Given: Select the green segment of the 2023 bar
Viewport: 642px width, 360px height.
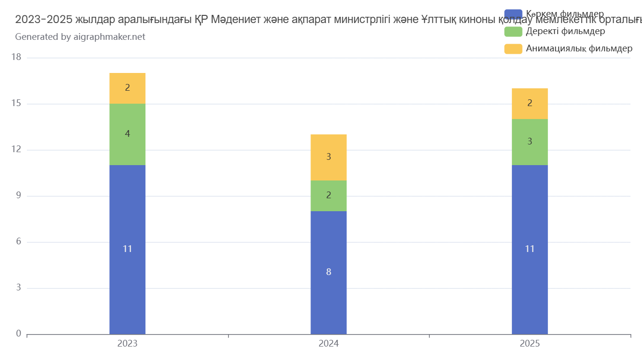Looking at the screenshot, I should pos(127,134).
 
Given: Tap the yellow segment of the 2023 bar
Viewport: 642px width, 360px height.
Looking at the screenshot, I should pos(127,88).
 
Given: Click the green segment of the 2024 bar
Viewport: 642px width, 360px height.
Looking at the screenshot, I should pos(328,196).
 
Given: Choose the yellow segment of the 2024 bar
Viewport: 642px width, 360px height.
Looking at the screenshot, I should pos(328,157).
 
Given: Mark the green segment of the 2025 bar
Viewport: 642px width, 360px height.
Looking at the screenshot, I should pos(529,142).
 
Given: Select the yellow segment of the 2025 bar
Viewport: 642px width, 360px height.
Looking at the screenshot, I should pos(529,104).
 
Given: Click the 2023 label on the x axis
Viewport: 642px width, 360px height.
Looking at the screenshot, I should pos(127,344).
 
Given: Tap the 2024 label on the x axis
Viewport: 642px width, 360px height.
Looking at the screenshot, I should pos(328,344).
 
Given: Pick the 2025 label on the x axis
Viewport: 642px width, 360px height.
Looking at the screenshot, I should pos(529,344).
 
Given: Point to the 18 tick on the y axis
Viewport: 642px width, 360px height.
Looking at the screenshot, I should pos(16,58).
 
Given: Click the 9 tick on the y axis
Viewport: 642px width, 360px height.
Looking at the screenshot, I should pos(19,196).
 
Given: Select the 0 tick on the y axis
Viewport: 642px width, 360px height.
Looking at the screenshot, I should pos(19,334).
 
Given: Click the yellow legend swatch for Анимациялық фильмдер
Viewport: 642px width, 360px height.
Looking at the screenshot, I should pos(513,49).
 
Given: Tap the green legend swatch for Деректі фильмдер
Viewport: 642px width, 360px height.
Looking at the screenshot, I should pos(513,32).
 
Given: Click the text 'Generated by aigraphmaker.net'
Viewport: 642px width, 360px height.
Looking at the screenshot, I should pos(80,36).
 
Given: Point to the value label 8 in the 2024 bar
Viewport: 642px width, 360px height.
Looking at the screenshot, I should pos(328,272).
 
